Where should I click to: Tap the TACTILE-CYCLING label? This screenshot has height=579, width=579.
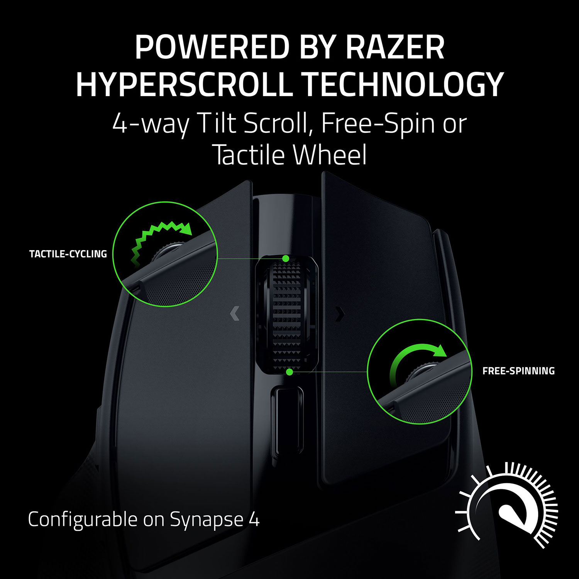(x=68, y=254)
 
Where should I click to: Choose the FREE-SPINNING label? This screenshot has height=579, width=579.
(x=518, y=371)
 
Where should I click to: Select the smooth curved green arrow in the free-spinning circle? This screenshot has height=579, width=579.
(x=417, y=359)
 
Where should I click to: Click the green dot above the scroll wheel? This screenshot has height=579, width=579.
(x=286, y=258)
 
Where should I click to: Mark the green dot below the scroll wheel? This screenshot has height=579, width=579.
(x=289, y=372)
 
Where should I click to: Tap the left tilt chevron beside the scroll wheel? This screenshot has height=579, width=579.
(x=234, y=313)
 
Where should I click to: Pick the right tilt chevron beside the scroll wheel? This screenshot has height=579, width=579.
(x=339, y=314)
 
